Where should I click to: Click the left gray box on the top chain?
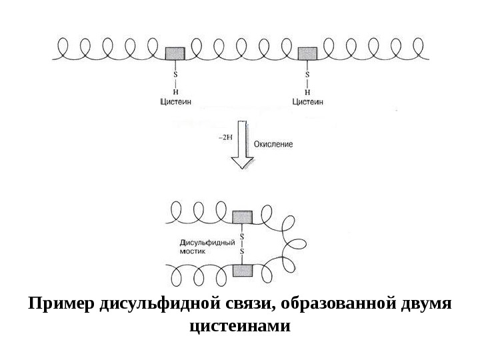(175, 53)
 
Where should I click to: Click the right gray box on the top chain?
(307, 53)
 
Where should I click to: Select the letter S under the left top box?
(175, 75)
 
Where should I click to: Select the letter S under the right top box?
(307, 75)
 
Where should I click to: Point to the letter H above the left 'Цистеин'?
(175, 91)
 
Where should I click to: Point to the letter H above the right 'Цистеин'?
(307, 91)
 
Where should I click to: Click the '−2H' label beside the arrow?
(225, 137)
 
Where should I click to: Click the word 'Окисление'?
(273, 143)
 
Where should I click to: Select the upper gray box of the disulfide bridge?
(242, 217)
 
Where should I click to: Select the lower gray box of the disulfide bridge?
(242, 269)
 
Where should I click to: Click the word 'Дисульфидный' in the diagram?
(207, 243)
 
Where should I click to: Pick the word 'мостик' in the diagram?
(193, 253)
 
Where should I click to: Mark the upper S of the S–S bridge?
(242, 236)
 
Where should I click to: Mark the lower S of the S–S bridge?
(242, 251)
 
